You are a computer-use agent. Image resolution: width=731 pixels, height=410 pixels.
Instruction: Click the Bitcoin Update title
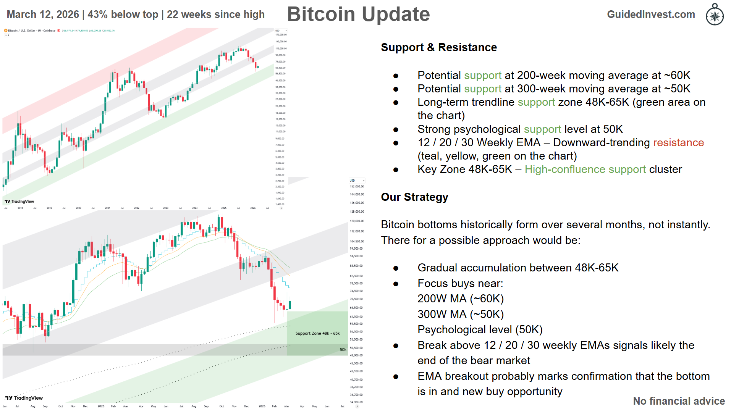tap(358, 15)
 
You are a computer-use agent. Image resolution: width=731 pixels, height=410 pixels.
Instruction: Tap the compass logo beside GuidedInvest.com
tap(715, 15)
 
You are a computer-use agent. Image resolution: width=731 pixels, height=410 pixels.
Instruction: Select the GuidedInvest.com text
tap(651, 15)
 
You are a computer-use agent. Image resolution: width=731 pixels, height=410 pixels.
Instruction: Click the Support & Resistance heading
tap(439, 47)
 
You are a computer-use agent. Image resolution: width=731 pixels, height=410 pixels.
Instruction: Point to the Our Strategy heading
tap(414, 197)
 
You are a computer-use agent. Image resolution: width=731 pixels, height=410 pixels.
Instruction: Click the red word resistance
tap(678, 142)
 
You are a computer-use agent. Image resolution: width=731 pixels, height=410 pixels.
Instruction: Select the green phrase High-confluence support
tap(585, 169)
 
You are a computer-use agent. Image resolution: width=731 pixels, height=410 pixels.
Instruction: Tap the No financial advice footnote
tap(679, 401)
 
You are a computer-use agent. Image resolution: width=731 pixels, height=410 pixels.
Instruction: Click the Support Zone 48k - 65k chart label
tap(317, 333)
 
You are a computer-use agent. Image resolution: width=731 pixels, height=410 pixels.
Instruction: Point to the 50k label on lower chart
tap(343, 350)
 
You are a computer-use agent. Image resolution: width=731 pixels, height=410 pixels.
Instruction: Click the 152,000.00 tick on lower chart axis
tap(357, 187)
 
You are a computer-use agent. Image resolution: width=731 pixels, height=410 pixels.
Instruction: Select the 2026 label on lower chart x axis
tap(262, 406)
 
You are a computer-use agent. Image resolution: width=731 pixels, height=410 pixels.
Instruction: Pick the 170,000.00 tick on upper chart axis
tap(281, 35)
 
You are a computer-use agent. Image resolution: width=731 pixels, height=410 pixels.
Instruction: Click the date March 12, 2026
tap(43, 15)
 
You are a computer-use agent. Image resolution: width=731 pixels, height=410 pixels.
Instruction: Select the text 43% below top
tap(123, 15)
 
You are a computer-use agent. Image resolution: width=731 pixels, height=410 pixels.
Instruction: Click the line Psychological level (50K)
tap(480, 329)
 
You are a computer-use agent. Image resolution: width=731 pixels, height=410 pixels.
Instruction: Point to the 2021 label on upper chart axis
tap(107, 208)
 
